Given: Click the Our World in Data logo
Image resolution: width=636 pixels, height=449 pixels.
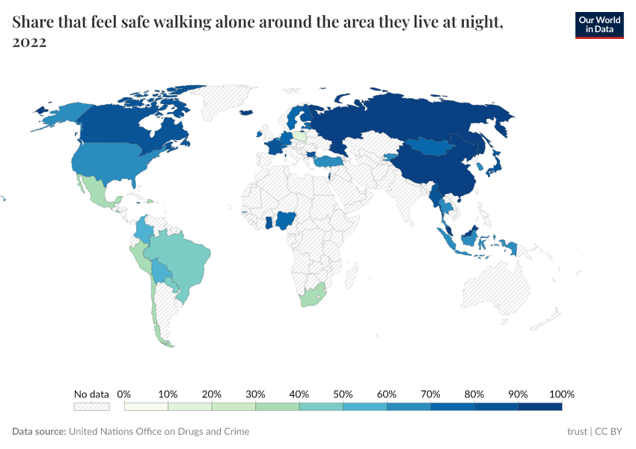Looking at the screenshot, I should point(599,25).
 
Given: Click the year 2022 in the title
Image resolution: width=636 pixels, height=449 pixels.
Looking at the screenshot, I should point(29,43).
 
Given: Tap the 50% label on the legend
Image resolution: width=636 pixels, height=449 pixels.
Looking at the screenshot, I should point(343,394).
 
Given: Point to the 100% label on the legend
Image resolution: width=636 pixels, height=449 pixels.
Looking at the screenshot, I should point(561,394).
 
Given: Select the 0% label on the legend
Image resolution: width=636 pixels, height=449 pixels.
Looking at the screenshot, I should point(124,394).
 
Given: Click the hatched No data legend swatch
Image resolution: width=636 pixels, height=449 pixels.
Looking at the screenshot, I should point(91,406).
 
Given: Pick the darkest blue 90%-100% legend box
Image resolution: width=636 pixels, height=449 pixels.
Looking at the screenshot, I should point(539,406).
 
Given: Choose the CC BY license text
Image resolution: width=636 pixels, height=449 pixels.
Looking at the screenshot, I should point(608,432).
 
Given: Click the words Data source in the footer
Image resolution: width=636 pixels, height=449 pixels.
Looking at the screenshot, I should point(38,432).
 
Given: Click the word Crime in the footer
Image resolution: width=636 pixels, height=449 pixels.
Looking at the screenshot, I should point(236,432).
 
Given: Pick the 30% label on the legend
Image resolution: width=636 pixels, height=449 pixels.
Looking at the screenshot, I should point(255,394).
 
